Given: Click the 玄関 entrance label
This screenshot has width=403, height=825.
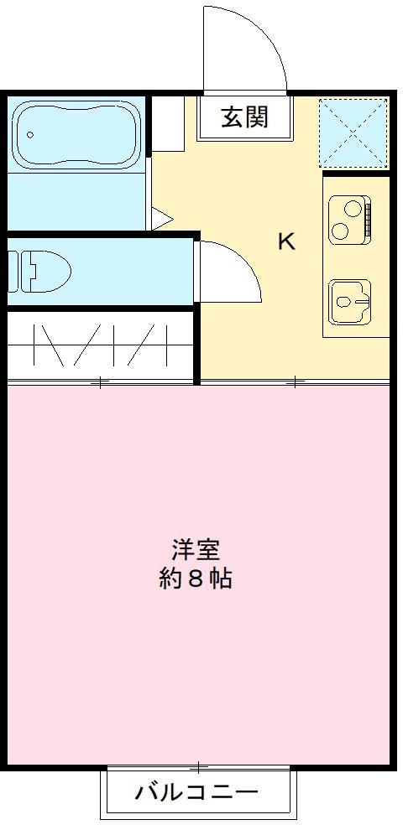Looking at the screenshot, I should pos(244,117).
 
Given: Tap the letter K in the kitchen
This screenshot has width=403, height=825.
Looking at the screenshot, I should pos(286,242).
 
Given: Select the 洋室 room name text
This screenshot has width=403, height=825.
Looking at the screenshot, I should pos(196,550).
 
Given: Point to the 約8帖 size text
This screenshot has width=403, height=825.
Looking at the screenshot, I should pos(196,579).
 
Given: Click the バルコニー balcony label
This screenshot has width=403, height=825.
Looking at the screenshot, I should pos(196,791).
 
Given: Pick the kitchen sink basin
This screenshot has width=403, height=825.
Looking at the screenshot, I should pos(348,299).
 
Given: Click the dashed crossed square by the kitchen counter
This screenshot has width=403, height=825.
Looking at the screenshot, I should pos(354,132).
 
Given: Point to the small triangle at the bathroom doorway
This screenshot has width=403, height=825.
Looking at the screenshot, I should pos(161,219).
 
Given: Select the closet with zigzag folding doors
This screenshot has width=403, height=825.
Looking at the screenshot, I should pos(101,345).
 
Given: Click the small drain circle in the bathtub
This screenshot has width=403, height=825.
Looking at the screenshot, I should pos(30,133).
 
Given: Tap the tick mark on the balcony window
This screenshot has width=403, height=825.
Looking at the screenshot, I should pos(199,766).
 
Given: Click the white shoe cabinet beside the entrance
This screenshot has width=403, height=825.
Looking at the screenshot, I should pos(167,124).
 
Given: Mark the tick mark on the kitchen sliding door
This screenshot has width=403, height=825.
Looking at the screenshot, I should pos(295,382).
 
